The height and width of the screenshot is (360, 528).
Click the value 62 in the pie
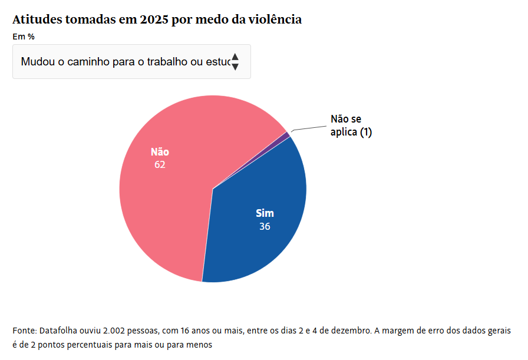click(x=160, y=165)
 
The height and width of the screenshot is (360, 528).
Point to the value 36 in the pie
click(x=265, y=226)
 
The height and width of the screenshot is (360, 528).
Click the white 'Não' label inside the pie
click(x=160, y=152)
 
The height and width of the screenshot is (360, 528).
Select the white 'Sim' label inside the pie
click(x=265, y=213)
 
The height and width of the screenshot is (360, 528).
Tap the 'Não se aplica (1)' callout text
click(x=351, y=126)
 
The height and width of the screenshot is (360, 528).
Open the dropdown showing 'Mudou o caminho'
click(x=124, y=61)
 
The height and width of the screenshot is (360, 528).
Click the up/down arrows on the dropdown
click(x=235, y=61)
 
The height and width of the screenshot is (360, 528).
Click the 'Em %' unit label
click(x=24, y=37)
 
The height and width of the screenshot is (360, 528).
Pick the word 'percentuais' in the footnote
click(x=105, y=344)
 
